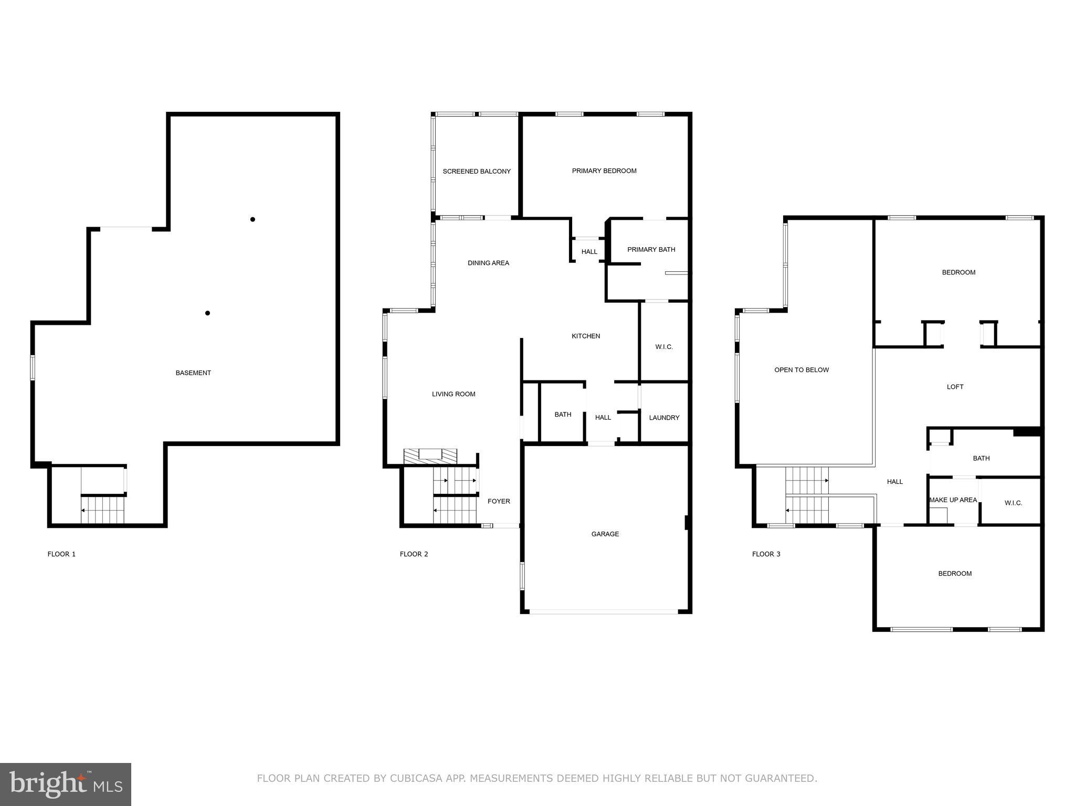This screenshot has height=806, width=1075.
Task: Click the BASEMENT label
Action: [x=193, y=373]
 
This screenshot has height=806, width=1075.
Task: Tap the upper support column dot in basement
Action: [x=252, y=219]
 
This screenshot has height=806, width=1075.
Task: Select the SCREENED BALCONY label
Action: [x=477, y=172]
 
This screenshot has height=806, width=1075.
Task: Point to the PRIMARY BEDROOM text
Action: [x=604, y=171]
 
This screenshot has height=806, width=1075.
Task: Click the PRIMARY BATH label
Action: [x=651, y=250]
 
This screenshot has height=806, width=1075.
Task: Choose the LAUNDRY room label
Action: [x=664, y=418]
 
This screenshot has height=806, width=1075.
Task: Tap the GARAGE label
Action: [x=605, y=534]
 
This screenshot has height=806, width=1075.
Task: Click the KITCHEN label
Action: [x=586, y=336]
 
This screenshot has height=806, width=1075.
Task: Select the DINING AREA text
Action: [x=488, y=263]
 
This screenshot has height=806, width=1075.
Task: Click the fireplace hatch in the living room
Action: [x=430, y=456]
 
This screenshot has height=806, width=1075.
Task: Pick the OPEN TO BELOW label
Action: [x=802, y=370]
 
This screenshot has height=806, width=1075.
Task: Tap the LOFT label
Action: [x=955, y=387]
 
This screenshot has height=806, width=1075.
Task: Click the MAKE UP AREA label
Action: [x=953, y=500]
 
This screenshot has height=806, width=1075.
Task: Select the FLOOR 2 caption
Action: [x=414, y=554]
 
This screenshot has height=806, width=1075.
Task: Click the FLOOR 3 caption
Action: [x=766, y=554]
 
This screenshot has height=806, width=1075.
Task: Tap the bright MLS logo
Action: [x=66, y=784]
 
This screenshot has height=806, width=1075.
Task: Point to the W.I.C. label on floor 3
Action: [x=1013, y=503]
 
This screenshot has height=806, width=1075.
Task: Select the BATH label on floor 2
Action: [x=563, y=415]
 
